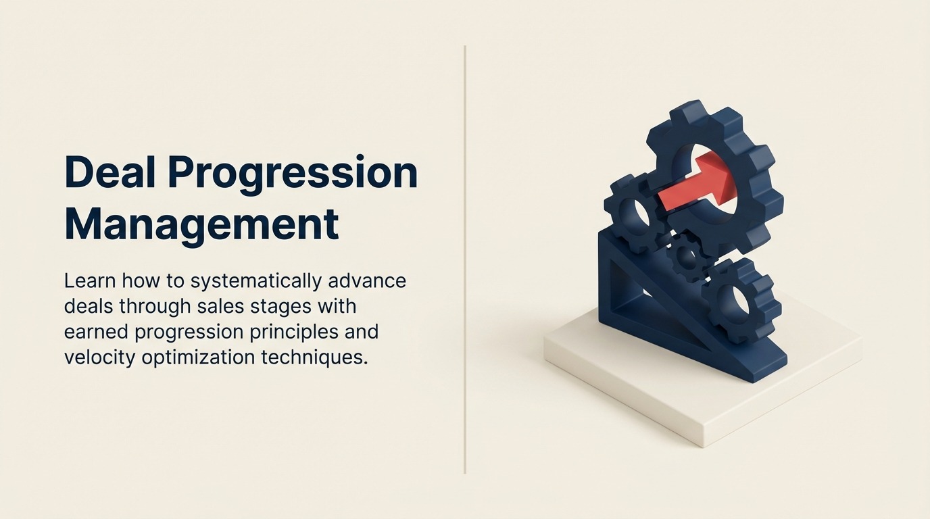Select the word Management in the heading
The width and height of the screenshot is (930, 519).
point(201,224)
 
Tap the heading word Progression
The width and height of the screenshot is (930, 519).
point(293,174)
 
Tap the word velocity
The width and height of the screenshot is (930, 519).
point(100,357)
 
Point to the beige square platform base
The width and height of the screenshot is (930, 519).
point(710,399)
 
